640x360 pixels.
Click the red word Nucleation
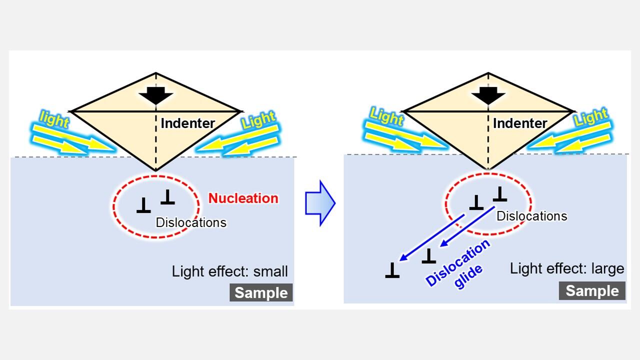click(x=243, y=198)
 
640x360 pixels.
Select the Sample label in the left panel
click(x=261, y=292)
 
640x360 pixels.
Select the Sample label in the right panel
click(x=592, y=290)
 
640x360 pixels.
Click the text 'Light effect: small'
click(x=230, y=271)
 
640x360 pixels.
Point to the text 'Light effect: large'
click(x=567, y=268)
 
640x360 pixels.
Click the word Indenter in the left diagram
click(x=187, y=123)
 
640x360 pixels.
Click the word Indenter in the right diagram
click(x=520, y=123)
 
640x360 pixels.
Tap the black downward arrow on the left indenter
click(x=156, y=94)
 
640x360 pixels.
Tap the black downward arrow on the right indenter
click(x=488, y=94)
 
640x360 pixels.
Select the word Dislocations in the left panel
click(x=191, y=222)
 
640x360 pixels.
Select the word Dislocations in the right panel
click(x=531, y=216)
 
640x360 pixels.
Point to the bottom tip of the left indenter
click(x=156, y=170)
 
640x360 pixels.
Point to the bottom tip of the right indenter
click(x=488, y=169)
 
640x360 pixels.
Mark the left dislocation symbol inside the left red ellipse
click(x=143, y=205)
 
